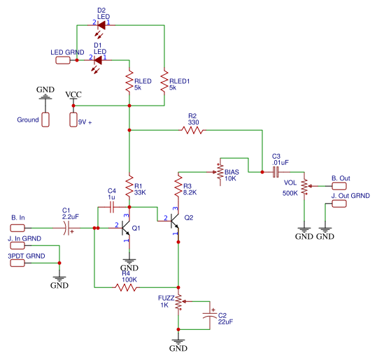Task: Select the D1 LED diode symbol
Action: tap(99, 60)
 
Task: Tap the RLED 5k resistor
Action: tap(129, 84)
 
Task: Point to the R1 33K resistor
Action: tap(129, 187)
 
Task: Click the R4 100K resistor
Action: tap(128, 287)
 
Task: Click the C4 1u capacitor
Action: tap(111, 207)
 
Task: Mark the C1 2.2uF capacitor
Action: tap(67, 229)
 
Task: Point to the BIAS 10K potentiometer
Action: tap(220, 172)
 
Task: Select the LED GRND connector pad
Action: tap(64, 61)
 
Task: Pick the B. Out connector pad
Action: tap(340, 187)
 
